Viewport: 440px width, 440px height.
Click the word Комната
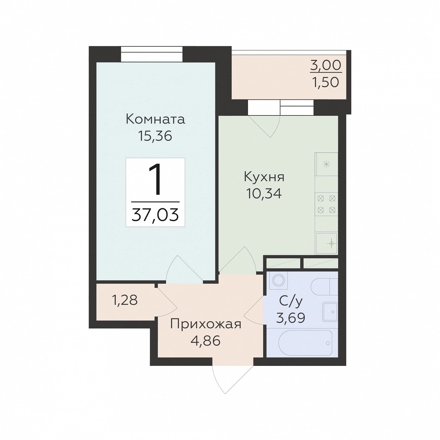pyautogui.click(x=155, y=119)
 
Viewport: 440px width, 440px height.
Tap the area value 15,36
pyautogui.click(x=155, y=136)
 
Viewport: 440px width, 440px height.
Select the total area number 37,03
pyautogui.click(x=155, y=215)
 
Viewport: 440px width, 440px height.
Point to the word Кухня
pyautogui.click(x=264, y=177)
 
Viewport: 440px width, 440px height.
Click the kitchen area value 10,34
pyautogui.click(x=264, y=193)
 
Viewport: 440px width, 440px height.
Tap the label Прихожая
pyautogui.click(x=206, y=324)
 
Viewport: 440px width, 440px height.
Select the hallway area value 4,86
pyautogui.click(x=205, y=341)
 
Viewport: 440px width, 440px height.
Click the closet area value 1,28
pyautogui.click(x=125, y=300)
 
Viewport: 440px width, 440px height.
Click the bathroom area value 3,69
pyautogui.click(x=291, y=318)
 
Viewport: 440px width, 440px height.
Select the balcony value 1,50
pyautogui.click(x=326, y=82)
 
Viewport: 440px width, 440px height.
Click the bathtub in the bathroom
pyautogui.click(x=306, y=343)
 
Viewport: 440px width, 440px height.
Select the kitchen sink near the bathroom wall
pyautogui.click(x=327, y=243)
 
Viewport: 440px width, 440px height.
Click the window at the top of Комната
pyautogui.click(x=152, y=54)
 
